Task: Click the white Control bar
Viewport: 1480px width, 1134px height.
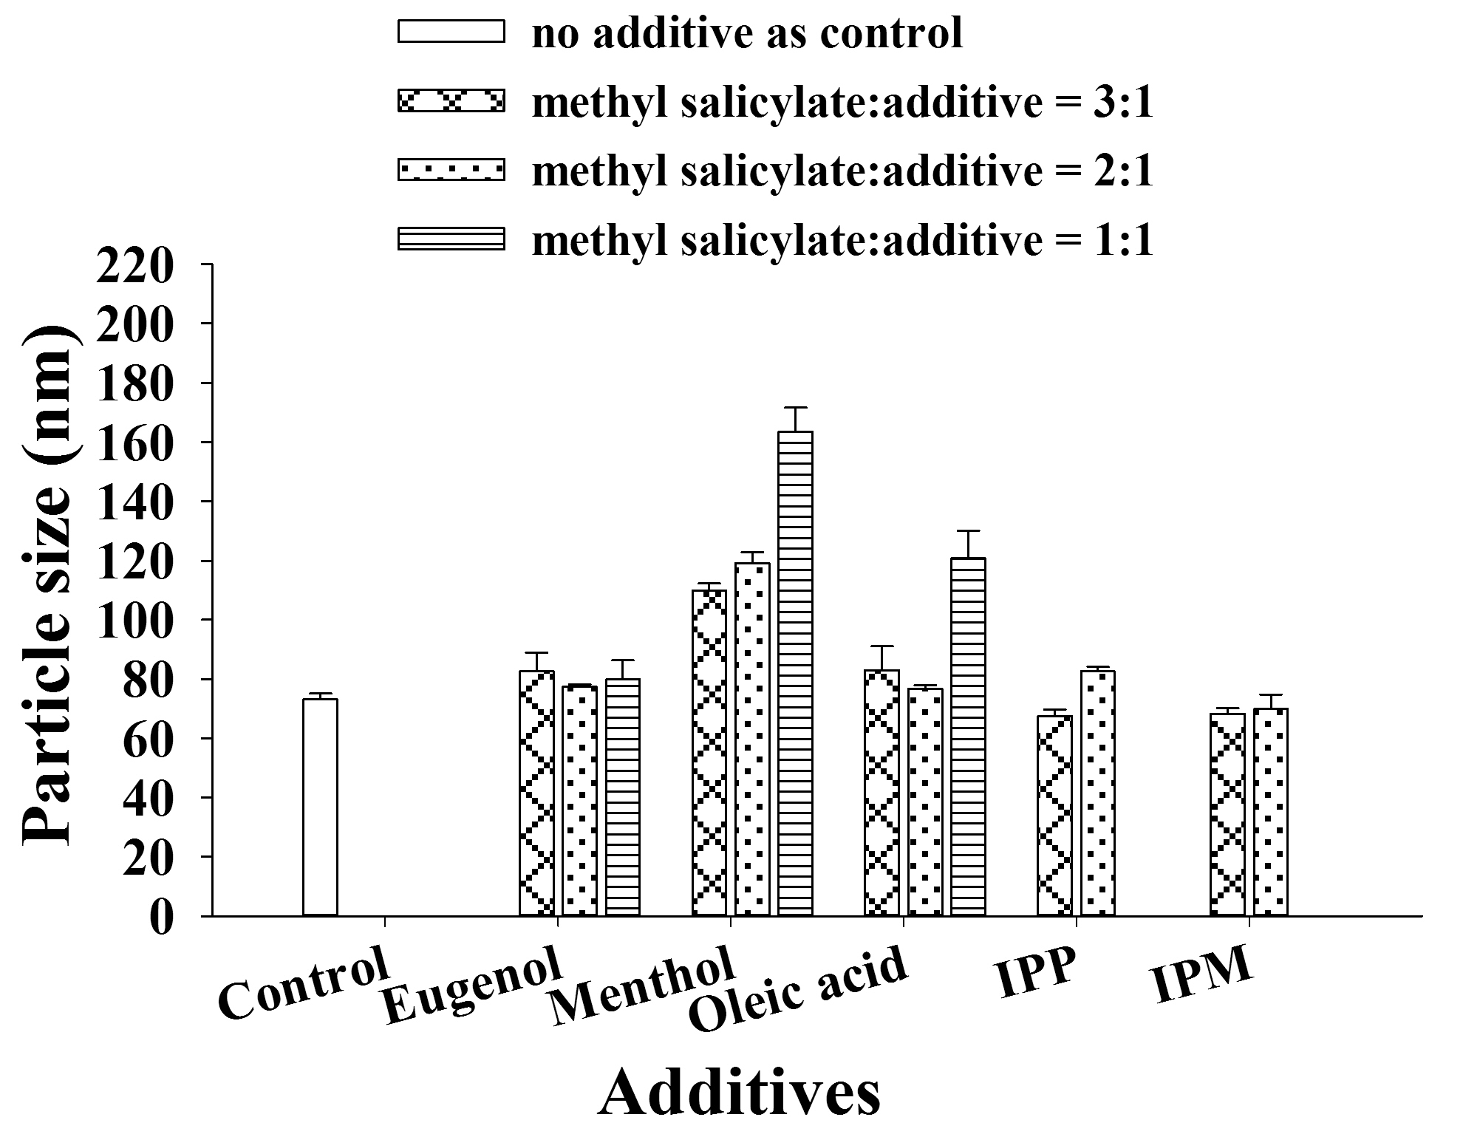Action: pyautogui.click(x=320, y=807)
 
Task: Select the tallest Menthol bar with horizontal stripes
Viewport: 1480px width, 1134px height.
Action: pyautogui.click(x=795, y=673)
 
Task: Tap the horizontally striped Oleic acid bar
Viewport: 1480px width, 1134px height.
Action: pyautogui.click(x=968, y=737)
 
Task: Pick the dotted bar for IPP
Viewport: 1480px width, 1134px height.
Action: pyautogui.click(x=1098, y=793)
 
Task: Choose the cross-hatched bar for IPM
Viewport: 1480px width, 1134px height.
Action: pyautogui.click(x=1227, y=814)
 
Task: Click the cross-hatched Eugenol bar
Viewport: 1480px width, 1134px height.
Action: pyautogui.click(x=536, y=793)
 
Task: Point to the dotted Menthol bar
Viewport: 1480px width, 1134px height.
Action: pyautogui.click(x=752, y=739)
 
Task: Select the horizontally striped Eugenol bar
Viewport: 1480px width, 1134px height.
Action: pyautogui.click(x=623, y=797)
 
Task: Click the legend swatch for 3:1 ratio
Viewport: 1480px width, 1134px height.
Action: pyautogui.click(x=451, y=100)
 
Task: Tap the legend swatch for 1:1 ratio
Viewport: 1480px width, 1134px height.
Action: pyautogui.click(x=451, y=239)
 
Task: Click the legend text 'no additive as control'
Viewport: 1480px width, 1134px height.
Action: pyautogui.click(x=747, y=33)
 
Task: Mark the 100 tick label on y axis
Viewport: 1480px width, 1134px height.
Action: pyautogui.click(x=134, y=620)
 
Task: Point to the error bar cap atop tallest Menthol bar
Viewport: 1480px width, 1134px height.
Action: pyautogui.click(x=795, y=408)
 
